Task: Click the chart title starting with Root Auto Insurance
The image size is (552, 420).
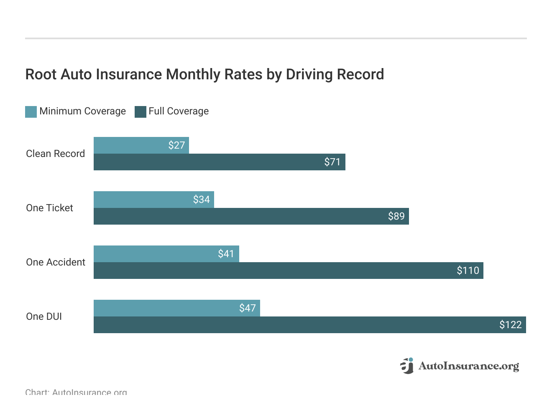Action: point(204,74)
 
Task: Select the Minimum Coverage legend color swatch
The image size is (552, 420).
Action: point(31,111)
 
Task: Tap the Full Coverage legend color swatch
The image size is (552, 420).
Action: point(141,111)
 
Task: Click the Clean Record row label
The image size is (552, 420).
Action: point(55,154)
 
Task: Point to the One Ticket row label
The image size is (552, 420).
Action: point(49,208)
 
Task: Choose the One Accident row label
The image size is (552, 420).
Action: point(56,262)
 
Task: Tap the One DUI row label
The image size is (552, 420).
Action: point(44,316)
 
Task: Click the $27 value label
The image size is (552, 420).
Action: point(176,145)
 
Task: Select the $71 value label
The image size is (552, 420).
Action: point(332,162)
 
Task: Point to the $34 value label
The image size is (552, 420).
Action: point(201,200)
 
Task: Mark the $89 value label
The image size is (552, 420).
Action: point(396,216)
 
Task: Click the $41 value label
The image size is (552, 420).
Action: point(226,254)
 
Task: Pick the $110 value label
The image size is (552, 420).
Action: point(468,271)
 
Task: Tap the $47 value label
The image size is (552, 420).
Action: point(247,308)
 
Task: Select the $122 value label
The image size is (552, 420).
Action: point(510,325)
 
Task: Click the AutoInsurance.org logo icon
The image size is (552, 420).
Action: point(407,366)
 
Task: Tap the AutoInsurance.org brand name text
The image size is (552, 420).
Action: point(468,366)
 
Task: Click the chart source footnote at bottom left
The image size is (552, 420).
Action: point(76,392)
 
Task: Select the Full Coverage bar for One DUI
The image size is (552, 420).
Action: point(293,325)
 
